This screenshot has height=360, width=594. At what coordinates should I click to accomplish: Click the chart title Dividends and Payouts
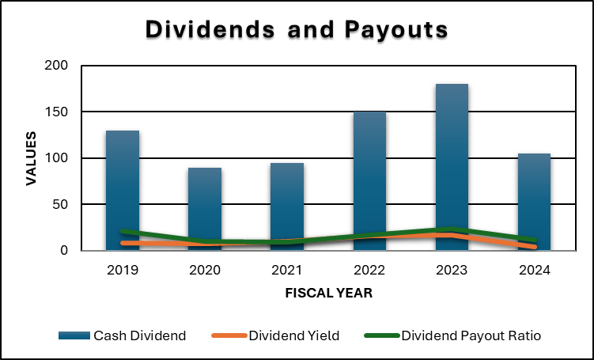297,30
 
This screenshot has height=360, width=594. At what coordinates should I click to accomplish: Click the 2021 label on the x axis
287,271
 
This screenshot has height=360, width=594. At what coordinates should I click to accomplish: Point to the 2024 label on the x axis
534,271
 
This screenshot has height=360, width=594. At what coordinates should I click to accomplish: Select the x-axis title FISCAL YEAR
328,294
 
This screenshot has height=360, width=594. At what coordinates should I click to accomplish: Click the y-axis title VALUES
31,158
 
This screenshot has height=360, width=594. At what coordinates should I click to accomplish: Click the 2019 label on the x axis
123,271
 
